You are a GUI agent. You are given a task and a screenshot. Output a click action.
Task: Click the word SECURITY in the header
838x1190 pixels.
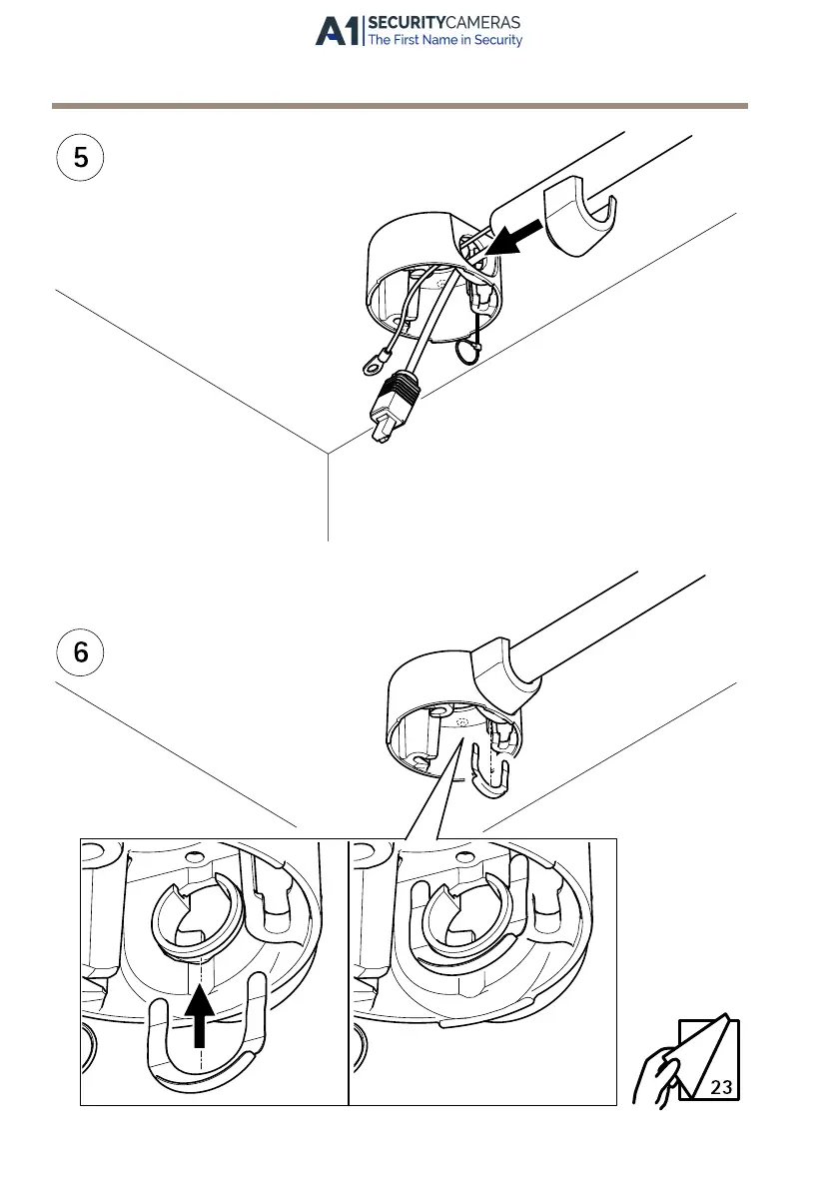[x=403, y=23]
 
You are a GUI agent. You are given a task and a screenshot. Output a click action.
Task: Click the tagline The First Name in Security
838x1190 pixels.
[x=444, y=41]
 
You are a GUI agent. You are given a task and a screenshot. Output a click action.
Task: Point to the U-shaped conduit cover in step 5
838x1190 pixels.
[x=584, y=219]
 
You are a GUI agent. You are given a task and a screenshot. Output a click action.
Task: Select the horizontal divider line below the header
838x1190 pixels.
[x=400, y=105]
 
